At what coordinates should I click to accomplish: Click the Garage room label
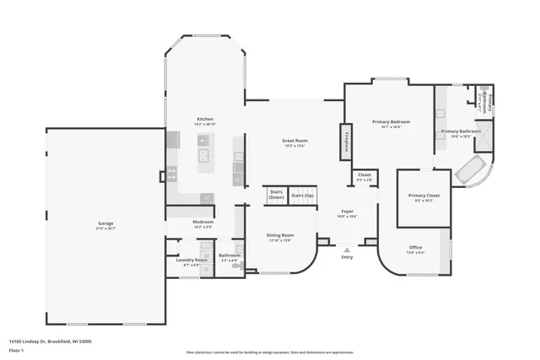pyautogui.click(x=105, y=223)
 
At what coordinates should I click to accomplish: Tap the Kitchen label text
pyautogui.click(x=205, y=119)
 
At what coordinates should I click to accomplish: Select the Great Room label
pyautogui.click(x=294, y=140)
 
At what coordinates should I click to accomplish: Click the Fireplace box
pyautogui.click(x=346, y=141)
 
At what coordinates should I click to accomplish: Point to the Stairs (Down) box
pyautogui.click(x=275, y=194)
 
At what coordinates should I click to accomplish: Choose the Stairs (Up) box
pyautogui.click(x=302, y=196)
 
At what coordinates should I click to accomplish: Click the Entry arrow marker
pyautogui.click(x=347, y=250)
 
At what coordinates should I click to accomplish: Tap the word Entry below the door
pyautogui.click(x=347, y=257)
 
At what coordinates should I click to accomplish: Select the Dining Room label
pyautogui.click(x=281, y=235)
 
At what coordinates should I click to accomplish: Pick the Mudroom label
pyautogui.click(x=203, y=222)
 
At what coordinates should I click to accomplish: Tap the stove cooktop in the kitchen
pyautogui.click(x=172, y=175)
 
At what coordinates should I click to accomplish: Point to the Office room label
pyautogui.click(x=415, y=247)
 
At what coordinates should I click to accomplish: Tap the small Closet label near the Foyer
pyautogui.click(x=364, y=175)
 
